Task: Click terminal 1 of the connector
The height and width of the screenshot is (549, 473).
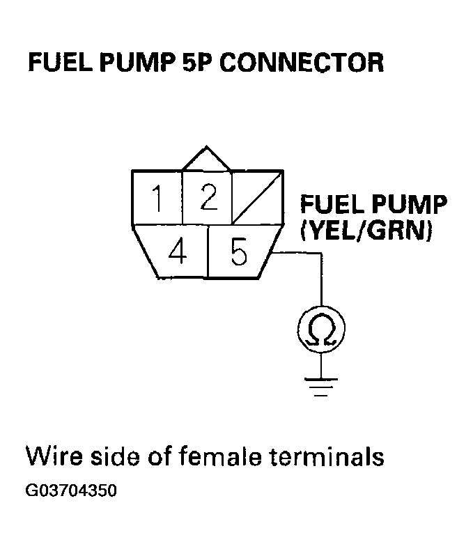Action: coord(157,200)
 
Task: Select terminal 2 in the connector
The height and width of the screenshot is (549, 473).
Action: coord(207,199)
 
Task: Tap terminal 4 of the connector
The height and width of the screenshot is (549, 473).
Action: coord(178,252)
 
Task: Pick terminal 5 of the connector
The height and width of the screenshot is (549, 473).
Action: coord(239,253)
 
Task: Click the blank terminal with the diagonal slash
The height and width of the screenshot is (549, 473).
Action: coord(256,199)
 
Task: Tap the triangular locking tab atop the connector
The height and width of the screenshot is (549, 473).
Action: coord(206,158)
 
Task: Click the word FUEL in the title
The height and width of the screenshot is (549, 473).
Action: coord(55,63)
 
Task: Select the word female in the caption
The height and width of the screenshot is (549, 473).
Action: coord(217,458)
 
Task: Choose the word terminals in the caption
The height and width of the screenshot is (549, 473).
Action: coord(327,458)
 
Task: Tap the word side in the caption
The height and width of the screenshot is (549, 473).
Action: coord(116,458)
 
